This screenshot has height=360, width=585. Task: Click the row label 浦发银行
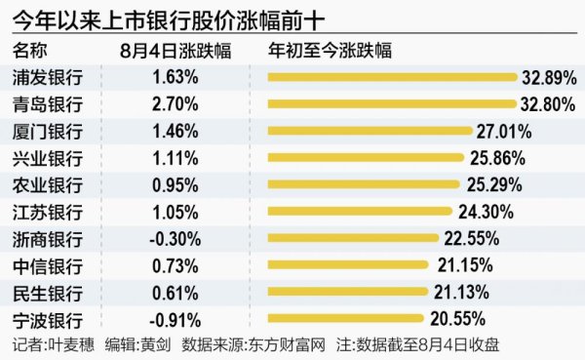tap(46, 76)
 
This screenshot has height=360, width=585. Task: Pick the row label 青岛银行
tap(46, 103)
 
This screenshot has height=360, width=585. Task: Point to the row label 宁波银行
tap(46, 318)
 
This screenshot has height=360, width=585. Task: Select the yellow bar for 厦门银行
tap(370, 130)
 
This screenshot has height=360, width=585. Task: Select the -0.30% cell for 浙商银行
tap(176, 237)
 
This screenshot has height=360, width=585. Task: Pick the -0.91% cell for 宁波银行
tap(176, 318)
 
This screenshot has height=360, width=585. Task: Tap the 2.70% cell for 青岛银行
tap(176, 103)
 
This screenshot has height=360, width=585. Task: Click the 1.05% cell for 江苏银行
tap(176, 211)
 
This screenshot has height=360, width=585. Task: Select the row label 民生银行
tap(46, 291)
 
